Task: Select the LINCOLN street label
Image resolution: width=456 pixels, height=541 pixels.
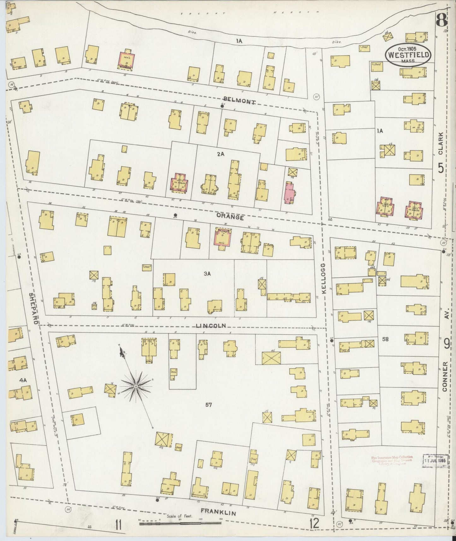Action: pos(211,325)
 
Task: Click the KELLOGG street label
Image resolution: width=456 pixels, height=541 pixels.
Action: pos(324,278)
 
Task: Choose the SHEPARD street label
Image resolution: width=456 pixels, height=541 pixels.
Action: pos(34,308)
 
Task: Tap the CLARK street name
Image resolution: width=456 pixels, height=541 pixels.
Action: pos(441,143)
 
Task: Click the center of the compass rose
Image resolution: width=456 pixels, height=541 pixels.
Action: pos(136,386)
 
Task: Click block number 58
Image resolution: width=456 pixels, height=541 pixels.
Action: pos(385,339)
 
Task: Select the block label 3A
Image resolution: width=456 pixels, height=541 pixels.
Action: pos(207,274)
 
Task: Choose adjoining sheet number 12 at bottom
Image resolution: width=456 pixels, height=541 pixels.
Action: pos(314,524)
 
